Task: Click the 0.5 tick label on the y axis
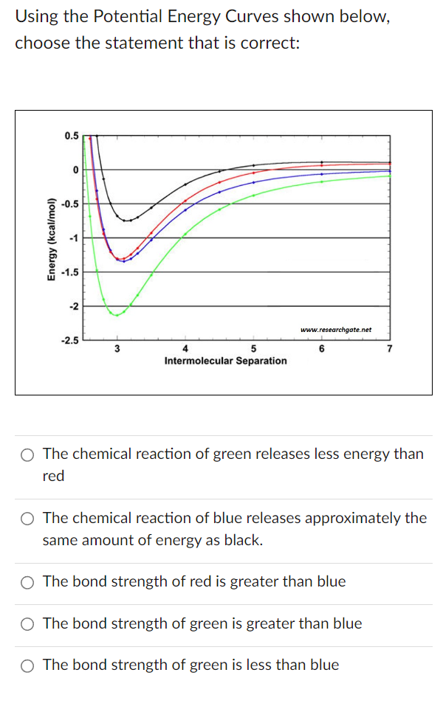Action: pyautogui.click(x=72, y=136)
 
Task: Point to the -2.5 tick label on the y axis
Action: pyautogui.click(x=70, y=340)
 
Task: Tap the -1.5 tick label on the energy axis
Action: pyautogui.click(x=70, y=272)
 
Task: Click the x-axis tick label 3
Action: pyautogui.click(x=117, y=349)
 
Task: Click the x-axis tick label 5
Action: pyautogui.click(x=253, y=349)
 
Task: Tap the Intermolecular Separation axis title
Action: pyautogui.click(x=225, y=361)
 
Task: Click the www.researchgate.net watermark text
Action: pyautogui.click(x=336, y=330)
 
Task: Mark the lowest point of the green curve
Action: pyautogui.click(x=116, y=315)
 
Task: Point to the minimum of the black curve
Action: pyautogui.click(x=128, y=220)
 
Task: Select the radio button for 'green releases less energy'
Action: pyautogui.click(x=27, y=454)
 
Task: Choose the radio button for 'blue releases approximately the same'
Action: pyautogui.click(x=27, y=519)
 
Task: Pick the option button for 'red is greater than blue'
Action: pyautogui.click(x=27, y=582)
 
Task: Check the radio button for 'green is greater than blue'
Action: pyautogui.click(x=27, y=624)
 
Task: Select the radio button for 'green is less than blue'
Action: pyautogui.click(x=27, y=665)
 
